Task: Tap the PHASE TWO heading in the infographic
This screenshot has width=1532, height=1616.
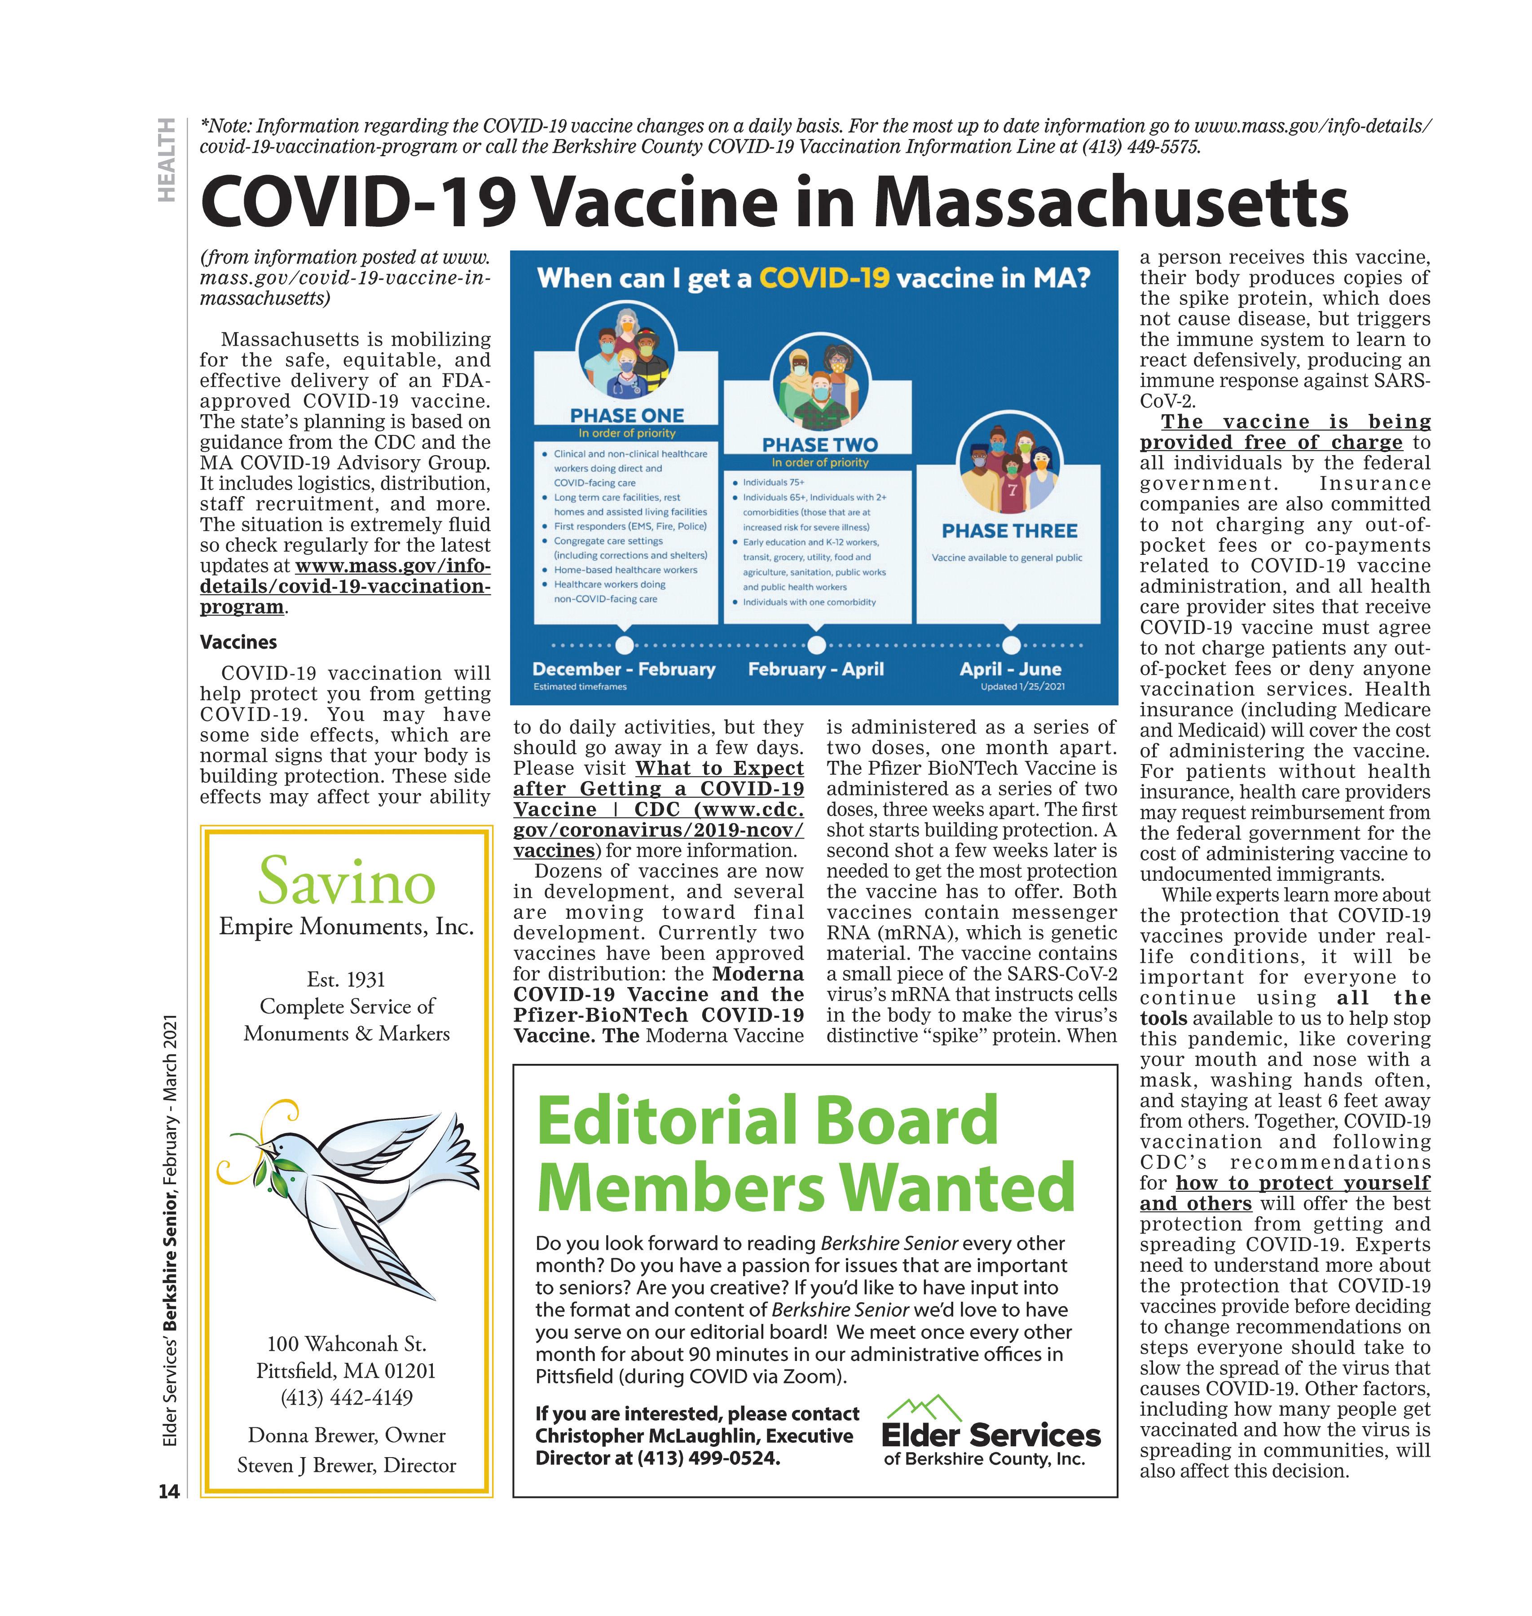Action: click(819, 445)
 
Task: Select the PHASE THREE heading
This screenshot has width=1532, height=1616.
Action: click(1009, 531)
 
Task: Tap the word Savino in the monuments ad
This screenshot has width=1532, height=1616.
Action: click(346, 881)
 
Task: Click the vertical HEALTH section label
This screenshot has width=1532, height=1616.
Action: click(167, 160)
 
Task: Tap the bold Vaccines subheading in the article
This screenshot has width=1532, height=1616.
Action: click(238, 642)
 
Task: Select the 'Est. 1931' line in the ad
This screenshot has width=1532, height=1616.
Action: click(346, 979)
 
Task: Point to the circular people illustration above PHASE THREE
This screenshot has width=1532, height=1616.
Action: click(1011, 465)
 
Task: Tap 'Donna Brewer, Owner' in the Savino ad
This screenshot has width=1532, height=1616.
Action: click(346, 1435)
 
